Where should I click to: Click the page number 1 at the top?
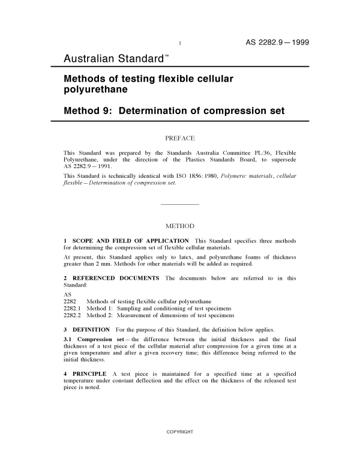pyautogui.click(x=180, y=43)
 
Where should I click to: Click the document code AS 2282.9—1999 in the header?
pyautogui.click(x=277, y=42)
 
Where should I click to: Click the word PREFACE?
pyautogui.click(x=180, y=138)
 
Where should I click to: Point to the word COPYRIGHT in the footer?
pyautogui.click(x=180, y=432)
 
